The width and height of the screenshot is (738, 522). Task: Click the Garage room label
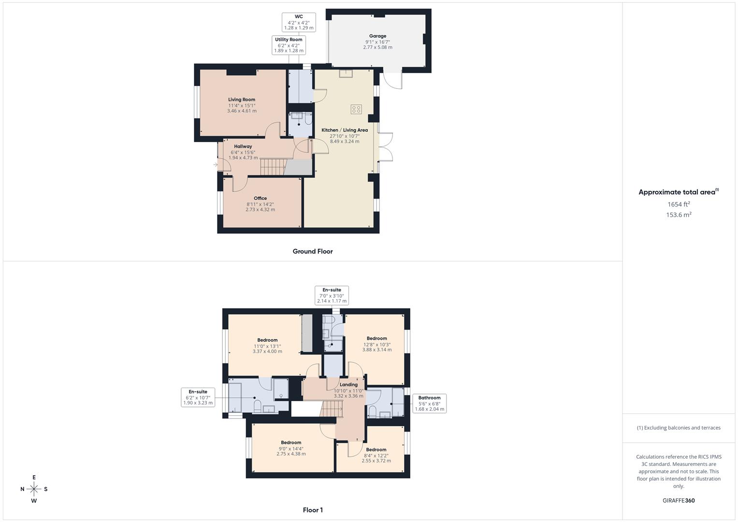point(377,42)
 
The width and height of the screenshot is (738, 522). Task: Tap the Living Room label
point(242,105)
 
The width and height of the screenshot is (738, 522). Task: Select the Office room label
point(260,203)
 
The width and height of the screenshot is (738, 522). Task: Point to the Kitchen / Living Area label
point(345,135)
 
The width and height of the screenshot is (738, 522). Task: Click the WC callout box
point(299,22)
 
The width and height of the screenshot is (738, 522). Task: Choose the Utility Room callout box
point(289,45)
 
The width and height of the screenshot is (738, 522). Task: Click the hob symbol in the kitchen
point(356,109)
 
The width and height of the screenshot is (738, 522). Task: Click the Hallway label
point(243,152)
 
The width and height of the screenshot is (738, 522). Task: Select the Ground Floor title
point(313,251)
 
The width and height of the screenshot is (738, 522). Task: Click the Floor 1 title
point(313,510)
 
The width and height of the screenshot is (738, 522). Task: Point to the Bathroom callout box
point(429,404)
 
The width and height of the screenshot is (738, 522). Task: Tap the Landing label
point(348,390)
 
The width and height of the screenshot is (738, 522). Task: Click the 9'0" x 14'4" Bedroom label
point(291,448)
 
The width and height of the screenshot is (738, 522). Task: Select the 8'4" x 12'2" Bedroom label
point(376,455)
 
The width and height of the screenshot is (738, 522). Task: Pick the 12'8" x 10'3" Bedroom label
point(377,344)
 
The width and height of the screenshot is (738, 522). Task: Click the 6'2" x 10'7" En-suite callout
point(198,397)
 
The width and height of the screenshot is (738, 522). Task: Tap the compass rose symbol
point(34,489)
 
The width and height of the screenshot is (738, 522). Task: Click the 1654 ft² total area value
point(679,204)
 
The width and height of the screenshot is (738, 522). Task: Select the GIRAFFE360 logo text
point(679,501)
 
